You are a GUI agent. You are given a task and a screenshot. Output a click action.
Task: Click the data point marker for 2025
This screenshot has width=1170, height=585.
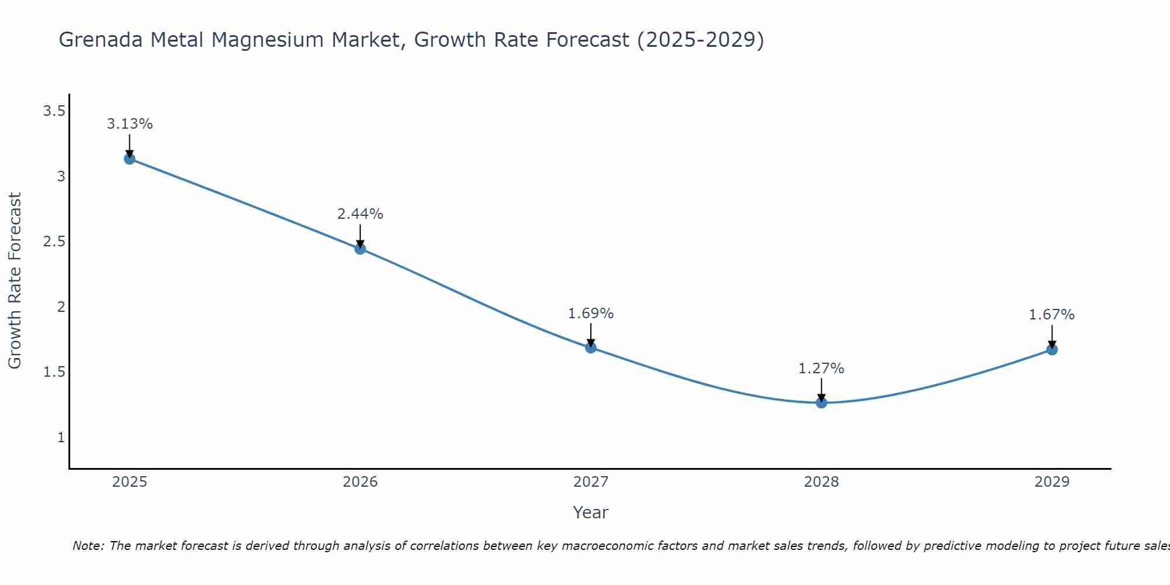point(129,159)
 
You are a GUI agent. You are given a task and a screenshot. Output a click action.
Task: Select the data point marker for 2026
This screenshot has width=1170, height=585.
point(360,249)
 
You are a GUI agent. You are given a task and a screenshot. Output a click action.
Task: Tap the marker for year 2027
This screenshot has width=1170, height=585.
point(591,347)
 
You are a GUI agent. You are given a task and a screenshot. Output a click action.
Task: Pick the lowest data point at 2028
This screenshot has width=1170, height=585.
point(821,402)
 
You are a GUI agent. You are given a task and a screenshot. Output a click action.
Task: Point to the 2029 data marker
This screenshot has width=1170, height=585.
point(1052,350)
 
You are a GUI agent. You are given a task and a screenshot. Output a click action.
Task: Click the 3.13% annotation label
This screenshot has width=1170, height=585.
point(129,124)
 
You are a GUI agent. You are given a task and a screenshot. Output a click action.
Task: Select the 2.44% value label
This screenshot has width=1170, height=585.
point(360,214)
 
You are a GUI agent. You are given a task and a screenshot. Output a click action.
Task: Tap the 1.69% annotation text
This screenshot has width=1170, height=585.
point(591,314)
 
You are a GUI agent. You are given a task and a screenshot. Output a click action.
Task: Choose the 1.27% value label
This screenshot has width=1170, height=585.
point(821,369)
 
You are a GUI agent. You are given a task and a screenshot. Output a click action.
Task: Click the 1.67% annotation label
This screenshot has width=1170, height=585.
point(1052,315)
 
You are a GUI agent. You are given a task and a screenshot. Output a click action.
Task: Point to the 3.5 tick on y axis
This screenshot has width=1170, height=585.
point(54,111)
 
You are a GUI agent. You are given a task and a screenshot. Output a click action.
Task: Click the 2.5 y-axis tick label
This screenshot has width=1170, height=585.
point(54,242)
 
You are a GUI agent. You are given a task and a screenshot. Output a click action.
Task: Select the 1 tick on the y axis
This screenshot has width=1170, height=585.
point(61,437)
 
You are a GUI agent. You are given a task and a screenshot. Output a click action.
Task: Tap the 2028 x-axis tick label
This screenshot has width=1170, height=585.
point(821,482)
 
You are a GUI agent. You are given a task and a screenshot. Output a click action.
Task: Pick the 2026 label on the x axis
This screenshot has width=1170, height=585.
point(360,482)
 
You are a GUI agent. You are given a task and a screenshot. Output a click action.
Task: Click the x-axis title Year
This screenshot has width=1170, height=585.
point(590,512)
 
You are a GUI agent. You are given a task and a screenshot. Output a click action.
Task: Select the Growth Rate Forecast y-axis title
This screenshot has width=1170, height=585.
point(15,281)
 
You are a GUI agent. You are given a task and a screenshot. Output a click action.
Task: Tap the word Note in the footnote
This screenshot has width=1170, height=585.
point(88,546)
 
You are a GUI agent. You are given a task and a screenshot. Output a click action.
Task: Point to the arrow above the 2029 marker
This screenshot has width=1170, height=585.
point(1052,336)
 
